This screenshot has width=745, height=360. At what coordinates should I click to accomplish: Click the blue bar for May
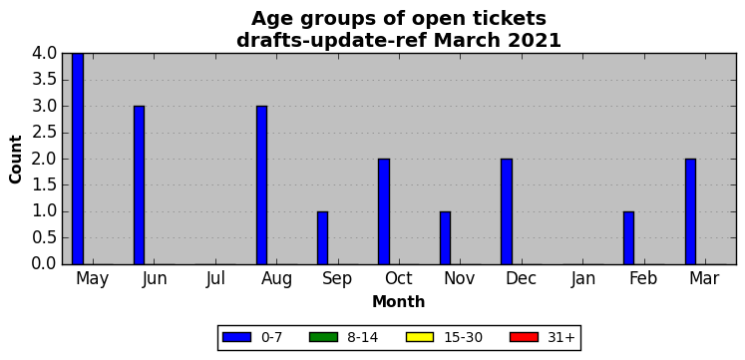point(78,159)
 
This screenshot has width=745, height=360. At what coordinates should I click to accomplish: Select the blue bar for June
point(139,185)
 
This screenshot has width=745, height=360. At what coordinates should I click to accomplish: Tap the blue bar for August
point(261,185)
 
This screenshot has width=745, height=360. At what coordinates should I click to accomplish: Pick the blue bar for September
point(322,238)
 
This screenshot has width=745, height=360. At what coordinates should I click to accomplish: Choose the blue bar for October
point(384,211)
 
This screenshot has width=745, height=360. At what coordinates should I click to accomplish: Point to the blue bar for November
point(445,238)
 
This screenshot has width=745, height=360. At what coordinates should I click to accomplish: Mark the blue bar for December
point(507,211)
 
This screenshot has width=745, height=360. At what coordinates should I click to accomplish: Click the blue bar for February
point(628,238)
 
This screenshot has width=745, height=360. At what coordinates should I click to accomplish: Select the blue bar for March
point(690,211)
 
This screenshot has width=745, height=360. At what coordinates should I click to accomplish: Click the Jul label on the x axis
point(215,279)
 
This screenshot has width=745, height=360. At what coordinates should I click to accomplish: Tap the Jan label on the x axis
point(583,279)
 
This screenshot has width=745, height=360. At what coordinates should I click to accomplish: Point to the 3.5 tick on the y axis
point(44,80)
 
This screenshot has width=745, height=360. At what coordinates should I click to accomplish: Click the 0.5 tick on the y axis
point(44,238)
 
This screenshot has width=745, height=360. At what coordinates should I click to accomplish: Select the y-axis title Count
point(16,160)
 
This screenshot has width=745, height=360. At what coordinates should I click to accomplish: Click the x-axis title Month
point(398,301)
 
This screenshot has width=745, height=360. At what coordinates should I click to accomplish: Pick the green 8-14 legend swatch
point(323,337)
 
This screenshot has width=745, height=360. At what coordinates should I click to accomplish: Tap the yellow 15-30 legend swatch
point(420,337)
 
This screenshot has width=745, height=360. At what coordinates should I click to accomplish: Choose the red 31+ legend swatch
point(524,337)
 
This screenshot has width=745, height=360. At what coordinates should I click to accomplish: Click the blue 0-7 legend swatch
point(236,337)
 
